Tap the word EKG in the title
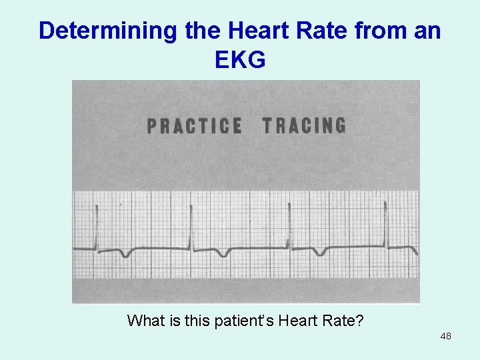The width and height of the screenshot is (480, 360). point(240,60)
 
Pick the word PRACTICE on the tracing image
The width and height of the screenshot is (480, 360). point(194,126)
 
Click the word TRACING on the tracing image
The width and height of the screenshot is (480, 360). point(304,125)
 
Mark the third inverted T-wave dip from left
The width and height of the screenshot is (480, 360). point(321,253)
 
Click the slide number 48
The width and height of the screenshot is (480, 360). point(445,336)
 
